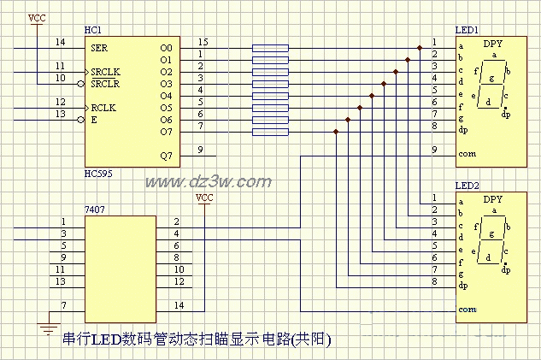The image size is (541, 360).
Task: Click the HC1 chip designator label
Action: tap(92, 31)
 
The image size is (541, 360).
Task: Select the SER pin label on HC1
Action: tap(99, 48)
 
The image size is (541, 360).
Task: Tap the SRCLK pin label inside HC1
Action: tap(105, 72)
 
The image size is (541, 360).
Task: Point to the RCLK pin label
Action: tap(103, 109)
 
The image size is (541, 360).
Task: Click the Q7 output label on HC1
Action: tap(166, 156)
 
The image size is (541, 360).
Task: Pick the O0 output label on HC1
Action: tap(166, 48)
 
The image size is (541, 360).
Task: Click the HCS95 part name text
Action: tap(98, 174)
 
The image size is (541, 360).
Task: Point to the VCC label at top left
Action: tap(37, 17)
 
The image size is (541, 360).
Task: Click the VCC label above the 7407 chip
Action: tap(204, 198)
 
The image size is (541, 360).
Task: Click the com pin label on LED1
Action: tap(467, 155)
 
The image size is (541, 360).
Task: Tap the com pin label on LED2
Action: tap(467, 310)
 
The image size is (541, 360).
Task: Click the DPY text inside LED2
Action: tap(493, 199)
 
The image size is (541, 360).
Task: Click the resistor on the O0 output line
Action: tap(270, 48)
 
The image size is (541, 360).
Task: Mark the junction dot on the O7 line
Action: tap(337, 132)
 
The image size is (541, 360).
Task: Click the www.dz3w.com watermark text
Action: tap(208, 181)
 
